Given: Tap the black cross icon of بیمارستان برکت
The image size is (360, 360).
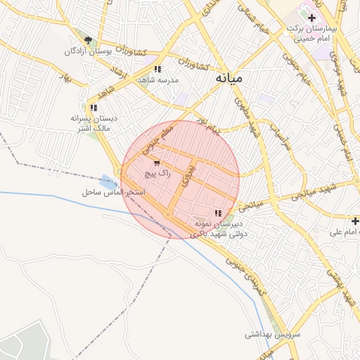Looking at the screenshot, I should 312,17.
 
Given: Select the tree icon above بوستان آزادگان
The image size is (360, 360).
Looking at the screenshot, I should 87,41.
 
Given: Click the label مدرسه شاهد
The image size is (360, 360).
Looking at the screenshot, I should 158,80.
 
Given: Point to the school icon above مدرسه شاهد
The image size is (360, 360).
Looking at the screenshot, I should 157,70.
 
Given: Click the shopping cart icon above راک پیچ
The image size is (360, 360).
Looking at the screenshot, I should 155,162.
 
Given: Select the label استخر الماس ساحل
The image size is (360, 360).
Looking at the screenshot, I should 112,191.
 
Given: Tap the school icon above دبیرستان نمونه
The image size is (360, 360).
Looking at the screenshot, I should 218,212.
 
